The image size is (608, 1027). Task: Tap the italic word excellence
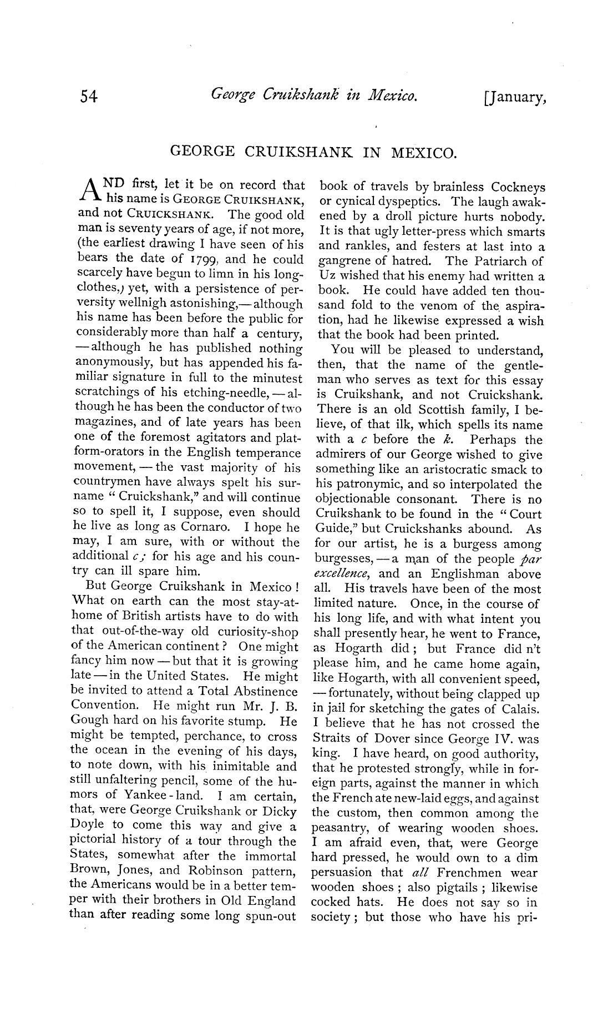point(343,574)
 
